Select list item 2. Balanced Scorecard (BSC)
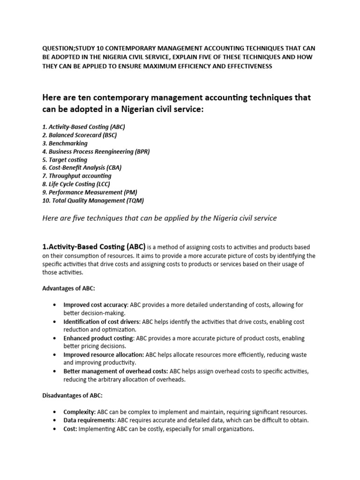(x=79, y=135)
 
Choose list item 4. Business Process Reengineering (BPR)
(x=96, y=151)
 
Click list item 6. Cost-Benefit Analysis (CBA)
(x=82, y=168)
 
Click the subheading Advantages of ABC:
(x=68, y=288)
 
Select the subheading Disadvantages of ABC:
(x=73, y=396)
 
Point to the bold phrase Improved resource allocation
(x=104, y=354)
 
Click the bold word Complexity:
(x=80, y=412)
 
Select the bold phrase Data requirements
(x=89, y=420)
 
